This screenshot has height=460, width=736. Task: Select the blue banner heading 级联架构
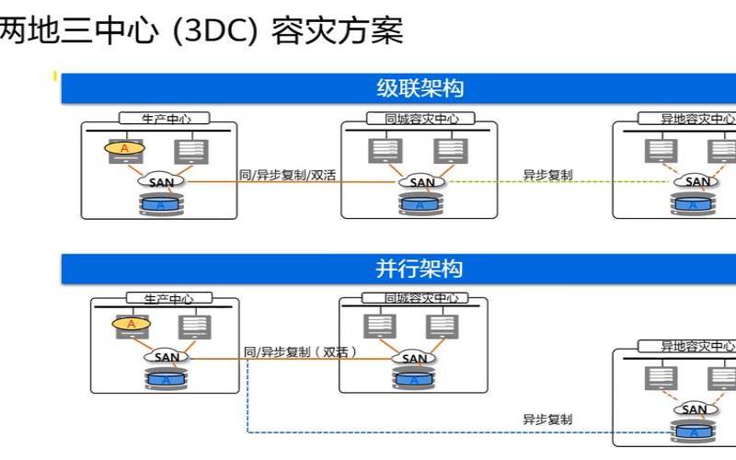tap(420, 88)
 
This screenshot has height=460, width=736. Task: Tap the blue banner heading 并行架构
tap(420, 269)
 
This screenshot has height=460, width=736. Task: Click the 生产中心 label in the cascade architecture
tap(164, 119)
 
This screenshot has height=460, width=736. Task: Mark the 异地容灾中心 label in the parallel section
tap(686, 346)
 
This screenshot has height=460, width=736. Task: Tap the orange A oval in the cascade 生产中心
tap(124, 147)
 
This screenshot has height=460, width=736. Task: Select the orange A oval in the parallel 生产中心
tap(131, 324)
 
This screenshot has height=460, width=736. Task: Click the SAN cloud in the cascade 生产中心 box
tap(161, 181)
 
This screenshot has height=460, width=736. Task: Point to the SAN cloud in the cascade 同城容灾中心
tap(421, 181)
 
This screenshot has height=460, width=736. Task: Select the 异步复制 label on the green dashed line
tap(547, 175)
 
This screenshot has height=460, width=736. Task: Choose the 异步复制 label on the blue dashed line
tap(547, 420)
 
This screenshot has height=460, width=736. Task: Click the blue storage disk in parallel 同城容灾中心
tap(414, 379)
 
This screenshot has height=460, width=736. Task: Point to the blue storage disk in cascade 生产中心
tap(161, 204)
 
